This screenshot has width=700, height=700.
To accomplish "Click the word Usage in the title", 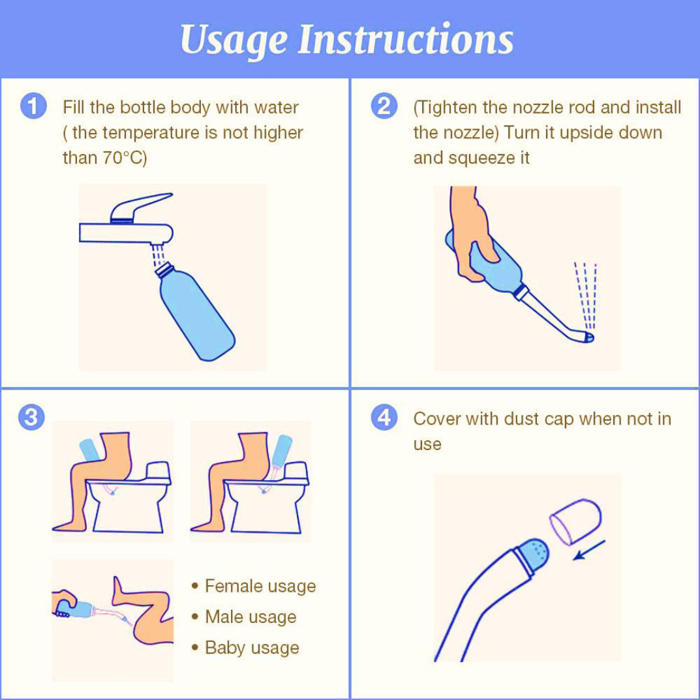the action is [x=234, y=40].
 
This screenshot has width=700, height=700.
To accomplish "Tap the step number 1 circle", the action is [x=33, y=107].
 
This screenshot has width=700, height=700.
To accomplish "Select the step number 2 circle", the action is [x=384, y=106].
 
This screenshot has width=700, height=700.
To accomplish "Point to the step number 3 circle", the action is [x=31, y=418].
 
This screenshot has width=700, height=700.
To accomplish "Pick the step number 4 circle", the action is [x=384, y=418].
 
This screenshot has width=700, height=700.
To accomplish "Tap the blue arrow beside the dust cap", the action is [x=589, y=549].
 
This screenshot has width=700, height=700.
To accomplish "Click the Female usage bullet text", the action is [x=260, y=586].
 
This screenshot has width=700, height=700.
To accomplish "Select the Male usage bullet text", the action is [x=251, y=617].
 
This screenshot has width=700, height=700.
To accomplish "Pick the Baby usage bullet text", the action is [x=252, y=648].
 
